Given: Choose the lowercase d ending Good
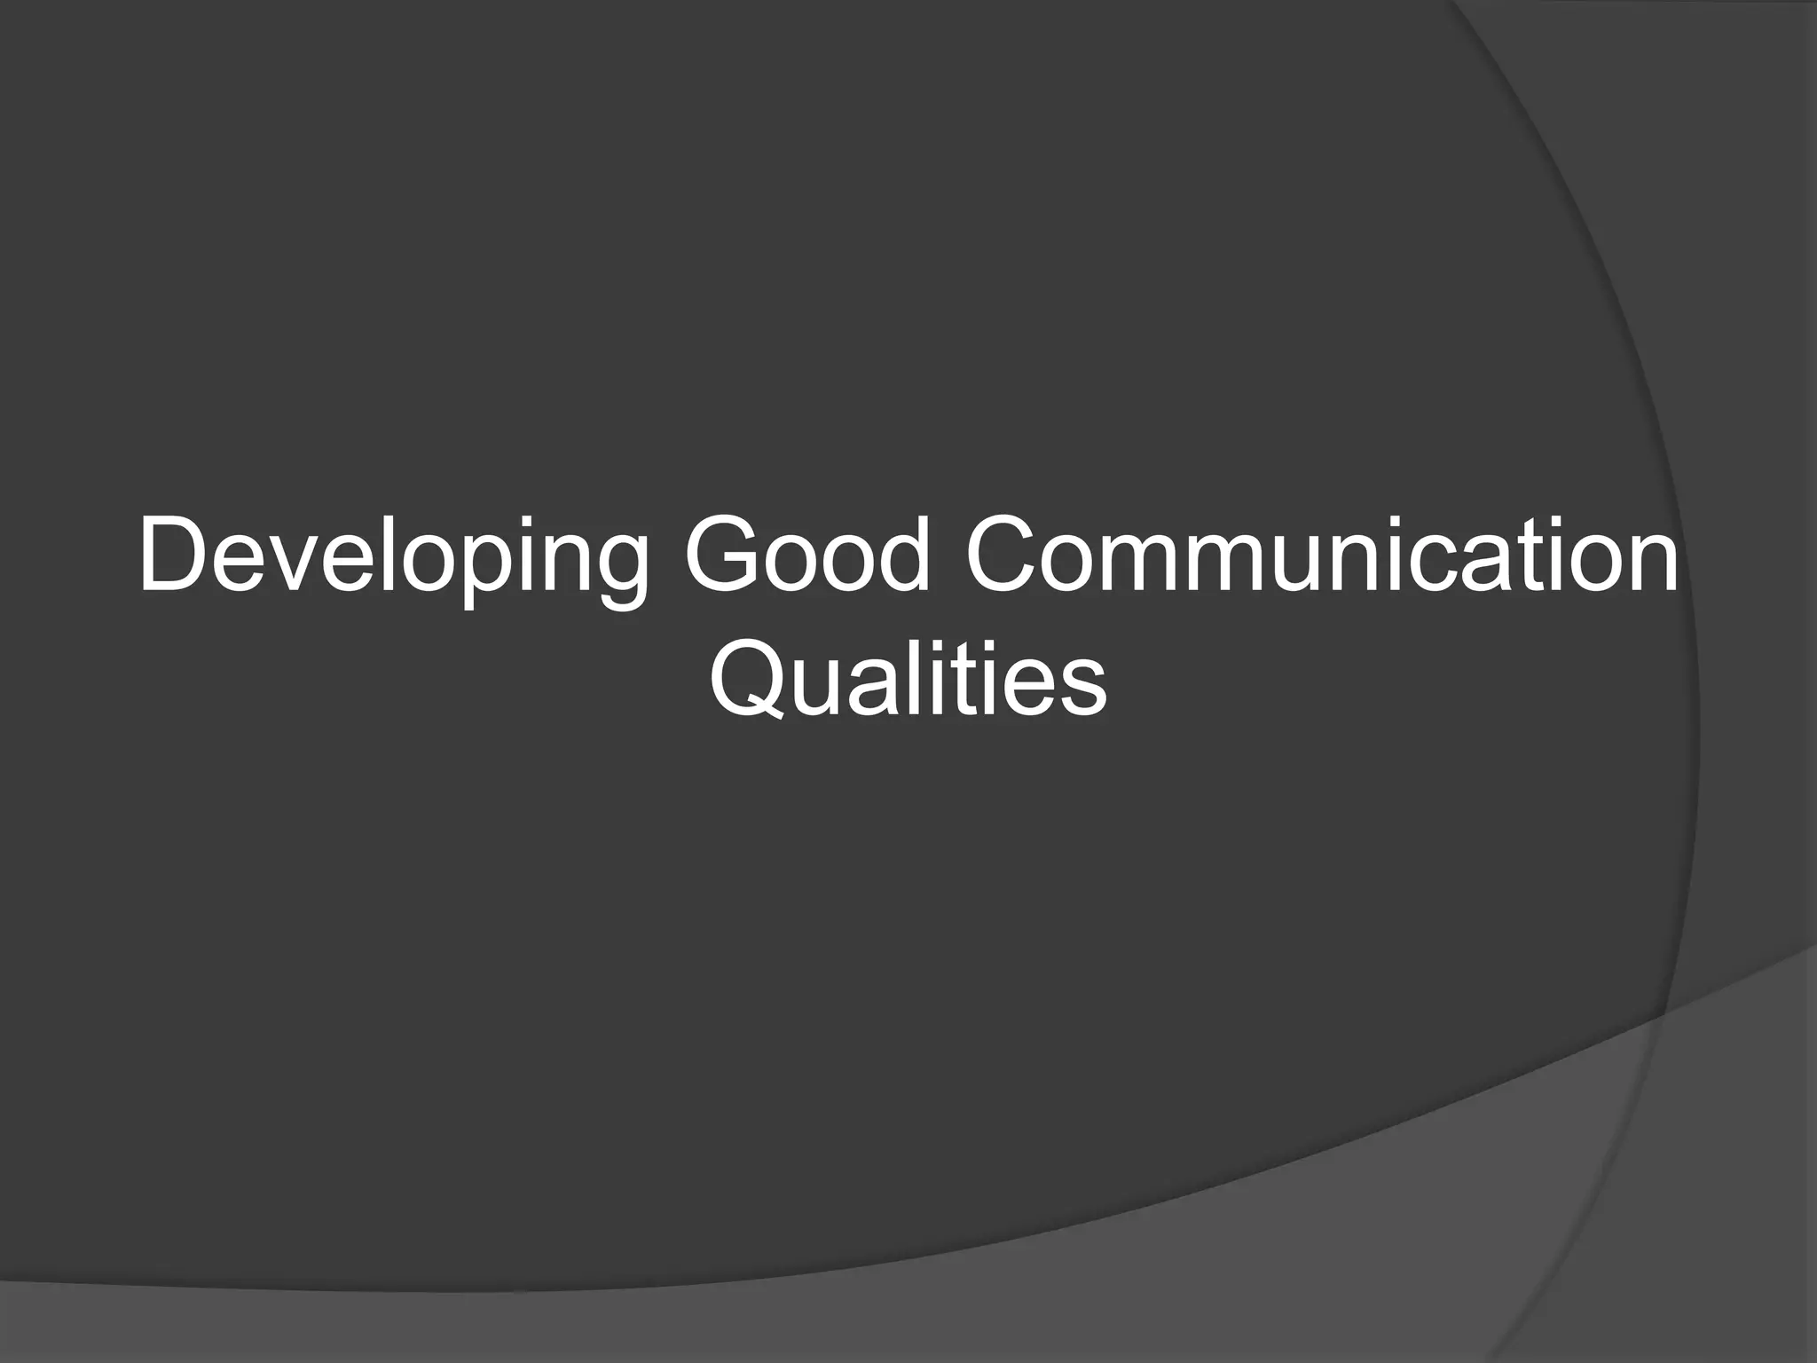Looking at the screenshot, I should tap(900, 559).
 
